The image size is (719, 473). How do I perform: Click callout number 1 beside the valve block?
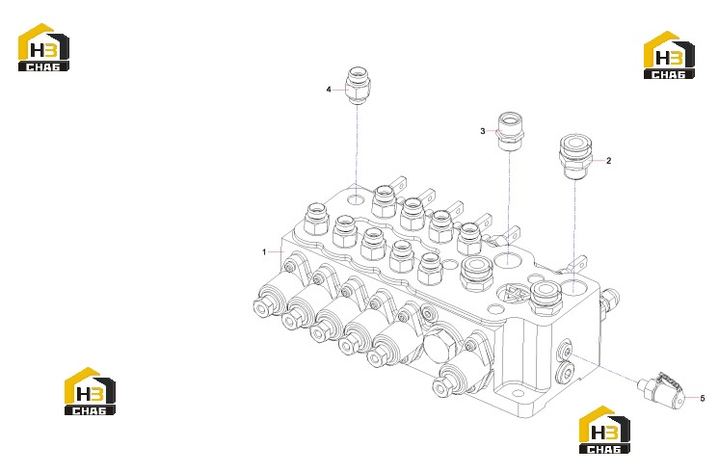[x=264, y=252]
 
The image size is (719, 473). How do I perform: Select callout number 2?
[x=608, y=161]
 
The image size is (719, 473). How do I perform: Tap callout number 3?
[x=483, y=132]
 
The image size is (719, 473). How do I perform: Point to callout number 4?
[x=329, y=90]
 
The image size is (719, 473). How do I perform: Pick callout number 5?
[x=703, y=399]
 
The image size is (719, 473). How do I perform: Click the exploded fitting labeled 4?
[x=358, y=85]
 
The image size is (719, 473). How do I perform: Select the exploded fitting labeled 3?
[x=511, y=131]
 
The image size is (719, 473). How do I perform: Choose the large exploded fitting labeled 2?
[x=575, y=157]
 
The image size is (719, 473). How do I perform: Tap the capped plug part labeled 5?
[x=661, y=390]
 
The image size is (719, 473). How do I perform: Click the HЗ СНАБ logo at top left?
[x=43, y=47]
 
